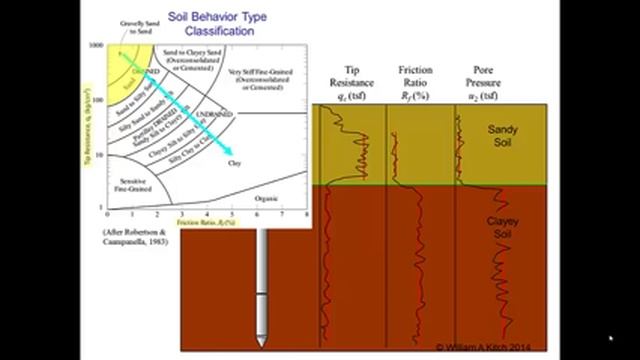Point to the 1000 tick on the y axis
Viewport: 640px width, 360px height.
tap(96, 46)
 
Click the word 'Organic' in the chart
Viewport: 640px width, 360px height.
tap(265, 198)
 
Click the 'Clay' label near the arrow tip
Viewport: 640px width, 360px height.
tap(234, 163)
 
